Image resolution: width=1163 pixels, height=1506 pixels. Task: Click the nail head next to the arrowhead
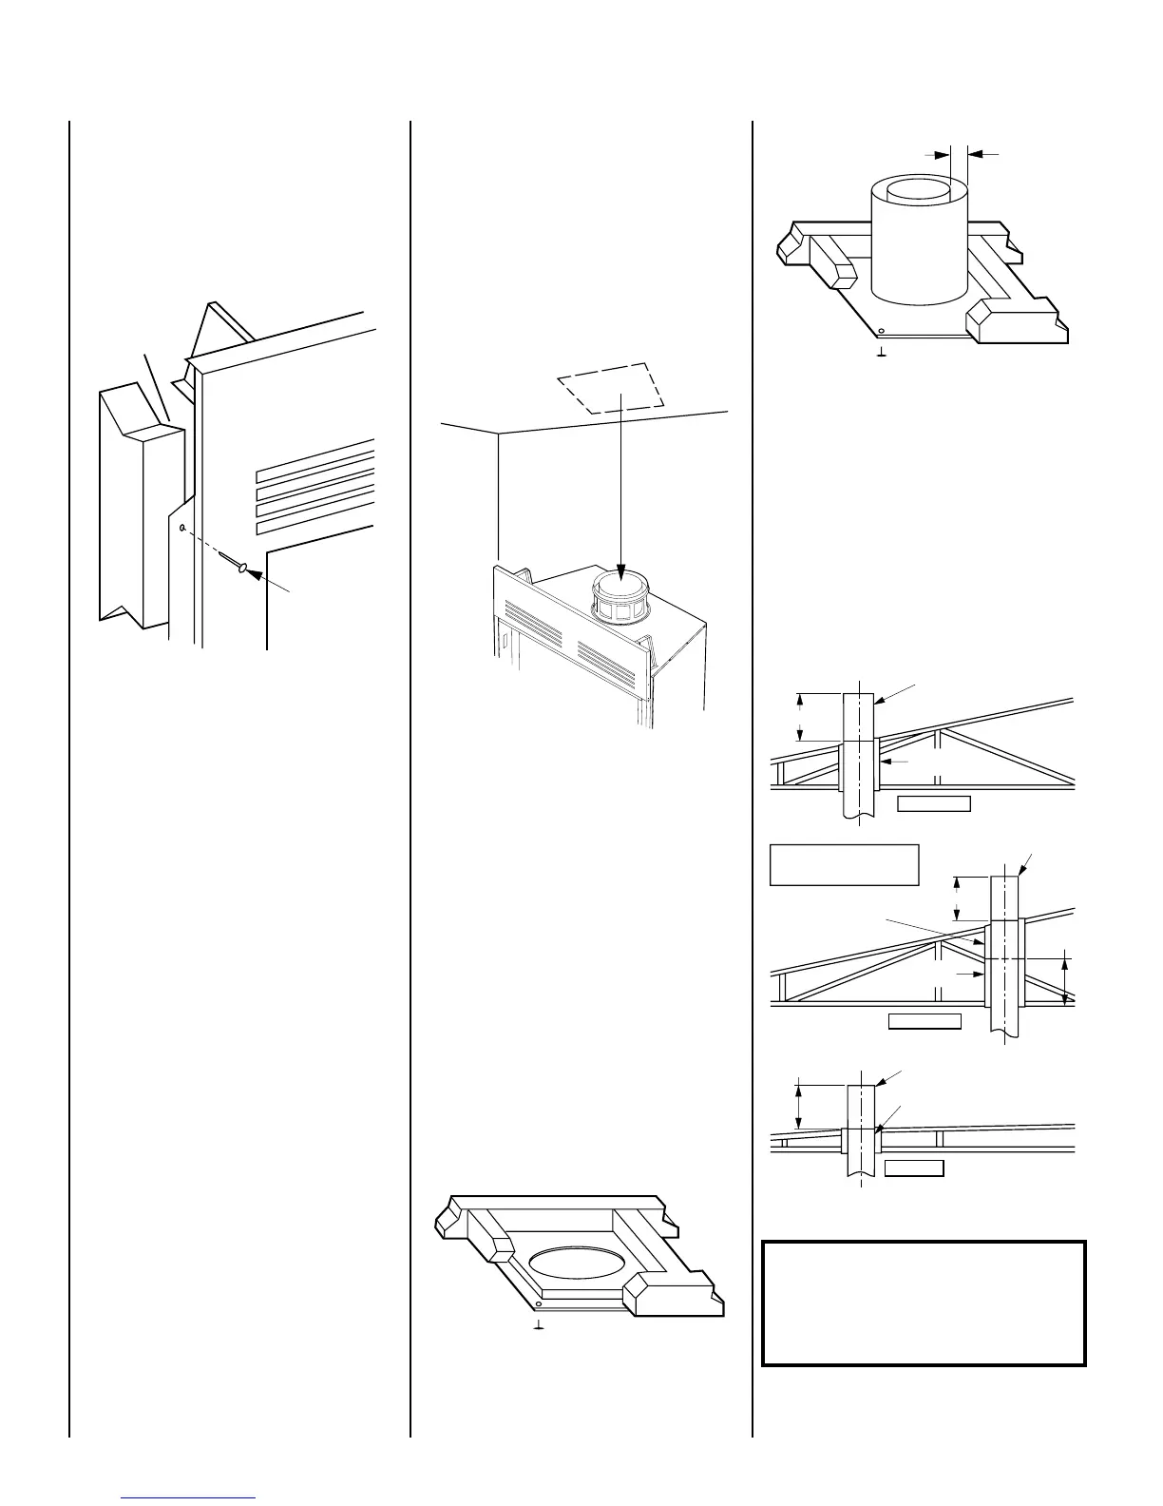click(244, 570)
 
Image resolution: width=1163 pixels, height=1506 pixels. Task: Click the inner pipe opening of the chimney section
click(917, 189)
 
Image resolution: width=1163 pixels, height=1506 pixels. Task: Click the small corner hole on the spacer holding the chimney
click(882, 332)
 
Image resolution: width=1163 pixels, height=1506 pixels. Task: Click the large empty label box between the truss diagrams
click(843, 864)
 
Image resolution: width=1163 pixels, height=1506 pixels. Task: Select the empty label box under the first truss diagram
click(934, 804)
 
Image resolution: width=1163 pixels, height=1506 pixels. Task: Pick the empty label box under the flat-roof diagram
click(914, 1168)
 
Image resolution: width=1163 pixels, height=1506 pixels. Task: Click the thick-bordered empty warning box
click(924, 1303)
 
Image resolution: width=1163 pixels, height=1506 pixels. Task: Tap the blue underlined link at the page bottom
click(190, 1497)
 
